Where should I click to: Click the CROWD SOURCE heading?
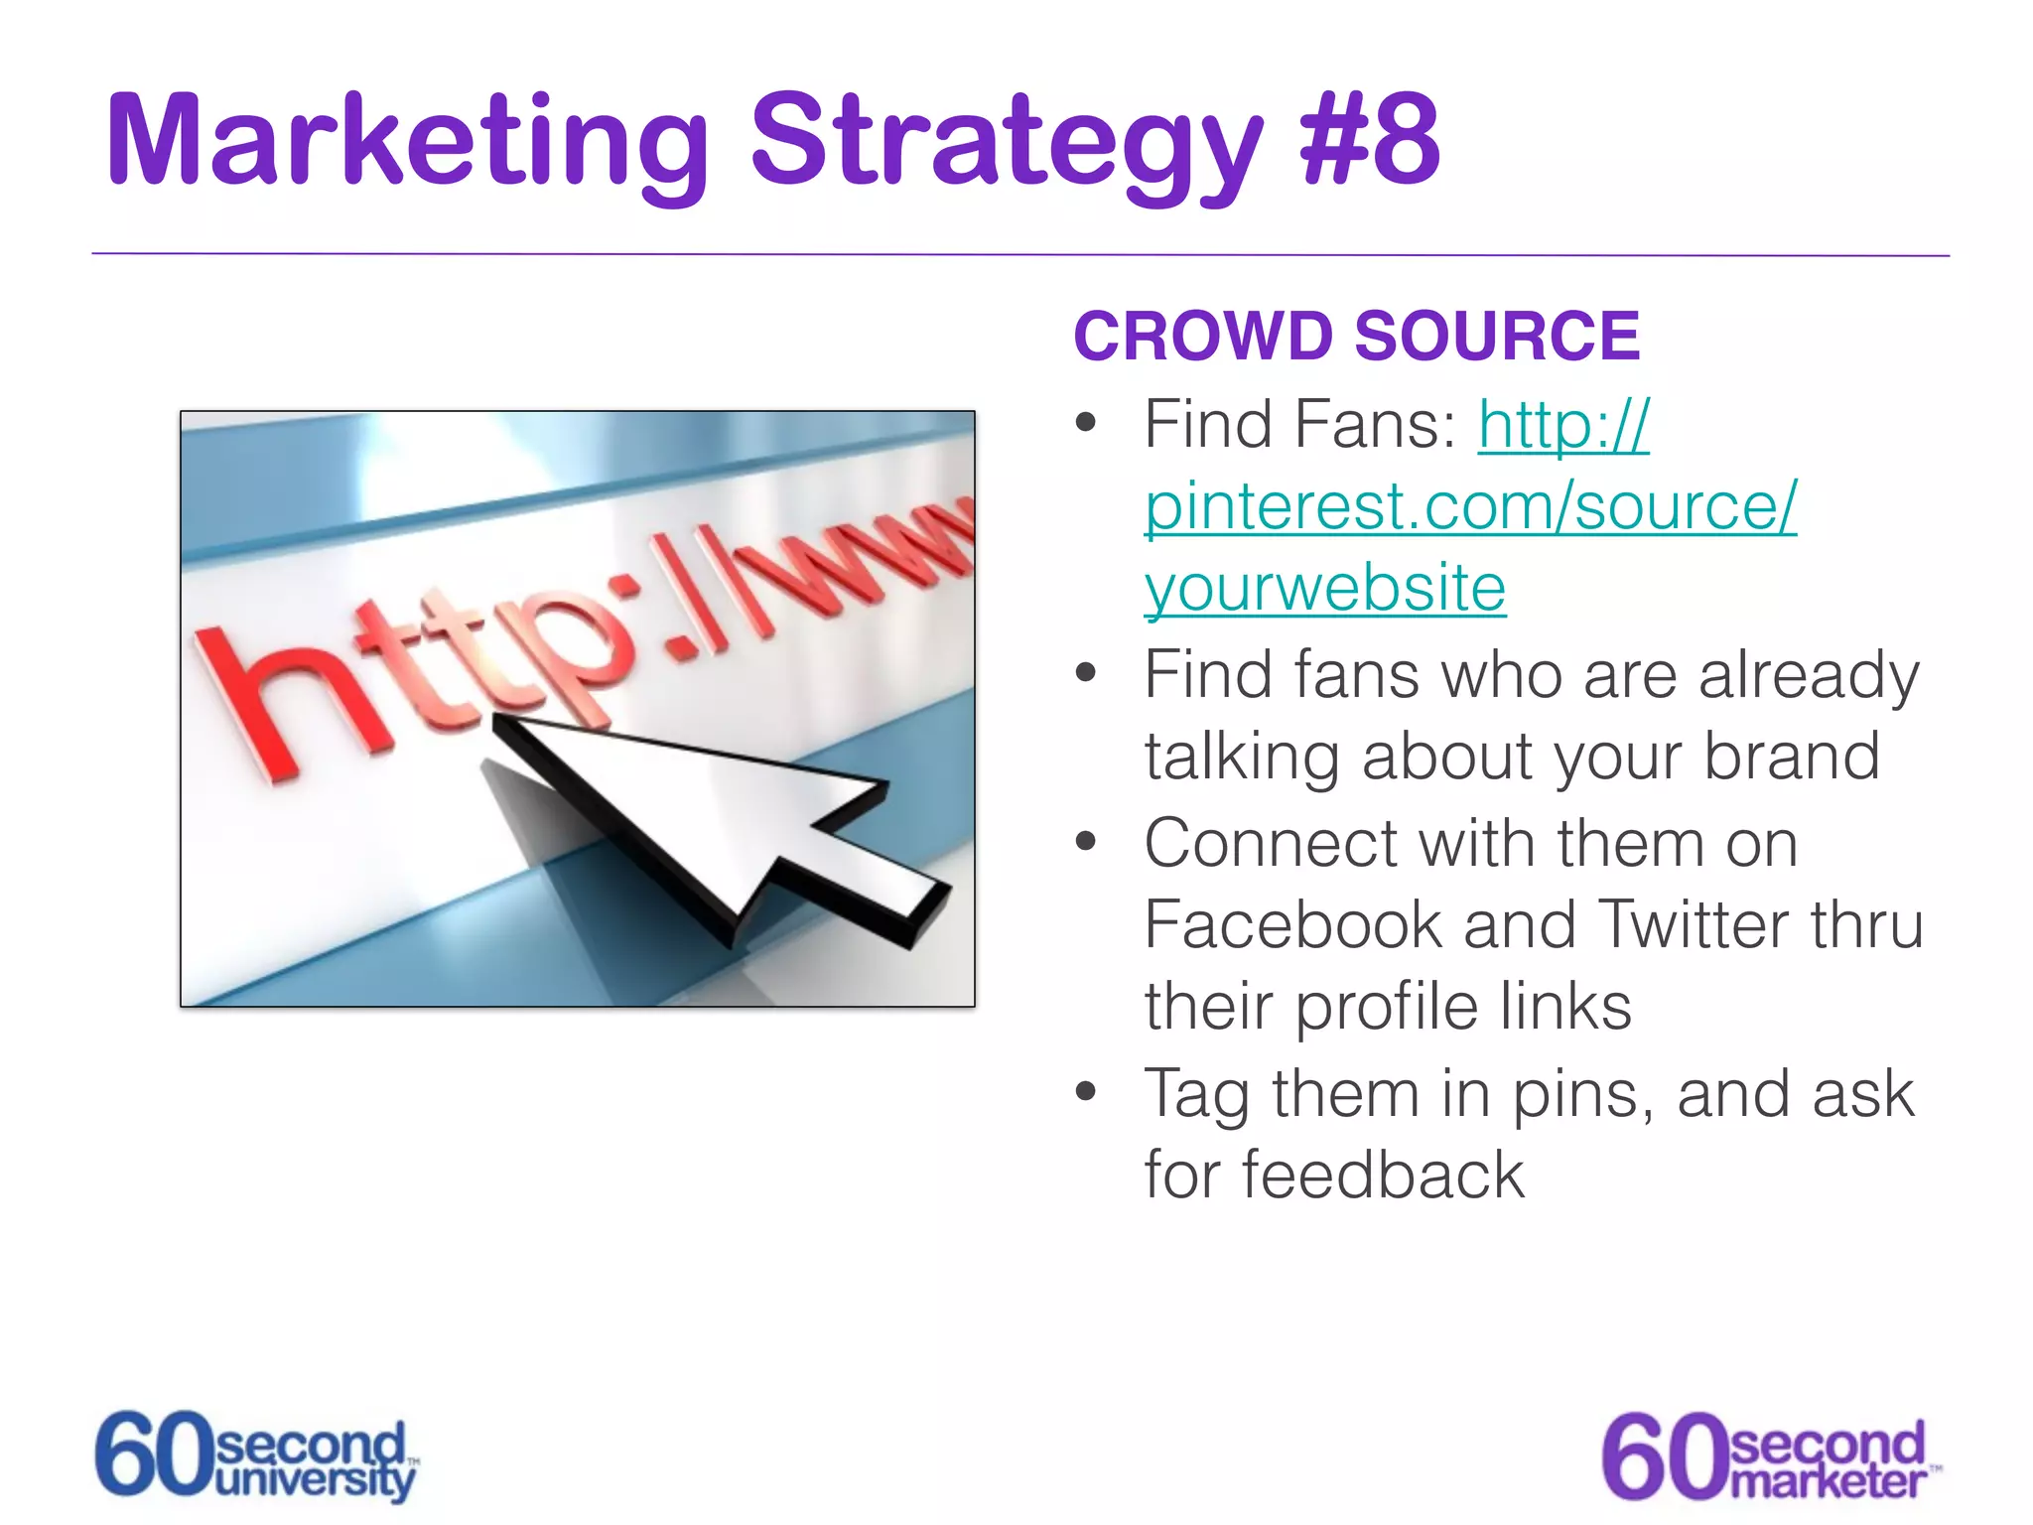coord(1356,336)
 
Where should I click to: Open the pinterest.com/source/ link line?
coord(1469,507)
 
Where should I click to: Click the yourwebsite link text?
coord(1324,589)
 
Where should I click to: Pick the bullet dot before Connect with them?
coord(1086,843)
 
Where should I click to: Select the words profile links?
coord(1463,1007)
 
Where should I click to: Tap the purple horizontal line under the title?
coord(1020,255)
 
